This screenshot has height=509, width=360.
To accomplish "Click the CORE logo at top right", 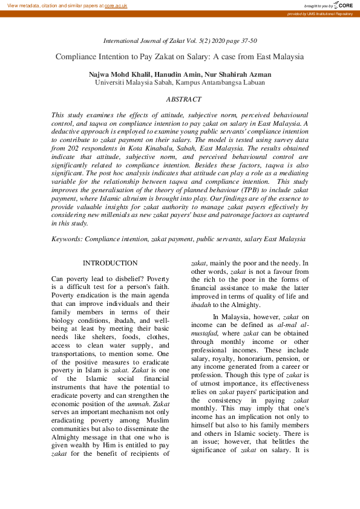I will point(343,5).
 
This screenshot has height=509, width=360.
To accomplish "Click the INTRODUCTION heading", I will point(110,263).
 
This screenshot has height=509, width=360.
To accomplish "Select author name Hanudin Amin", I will point(184,74).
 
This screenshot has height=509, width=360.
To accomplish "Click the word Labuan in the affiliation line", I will point(254,83).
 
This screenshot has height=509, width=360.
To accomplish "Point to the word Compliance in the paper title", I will point(79,57).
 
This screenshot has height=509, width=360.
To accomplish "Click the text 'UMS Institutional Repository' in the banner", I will point(332,13).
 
